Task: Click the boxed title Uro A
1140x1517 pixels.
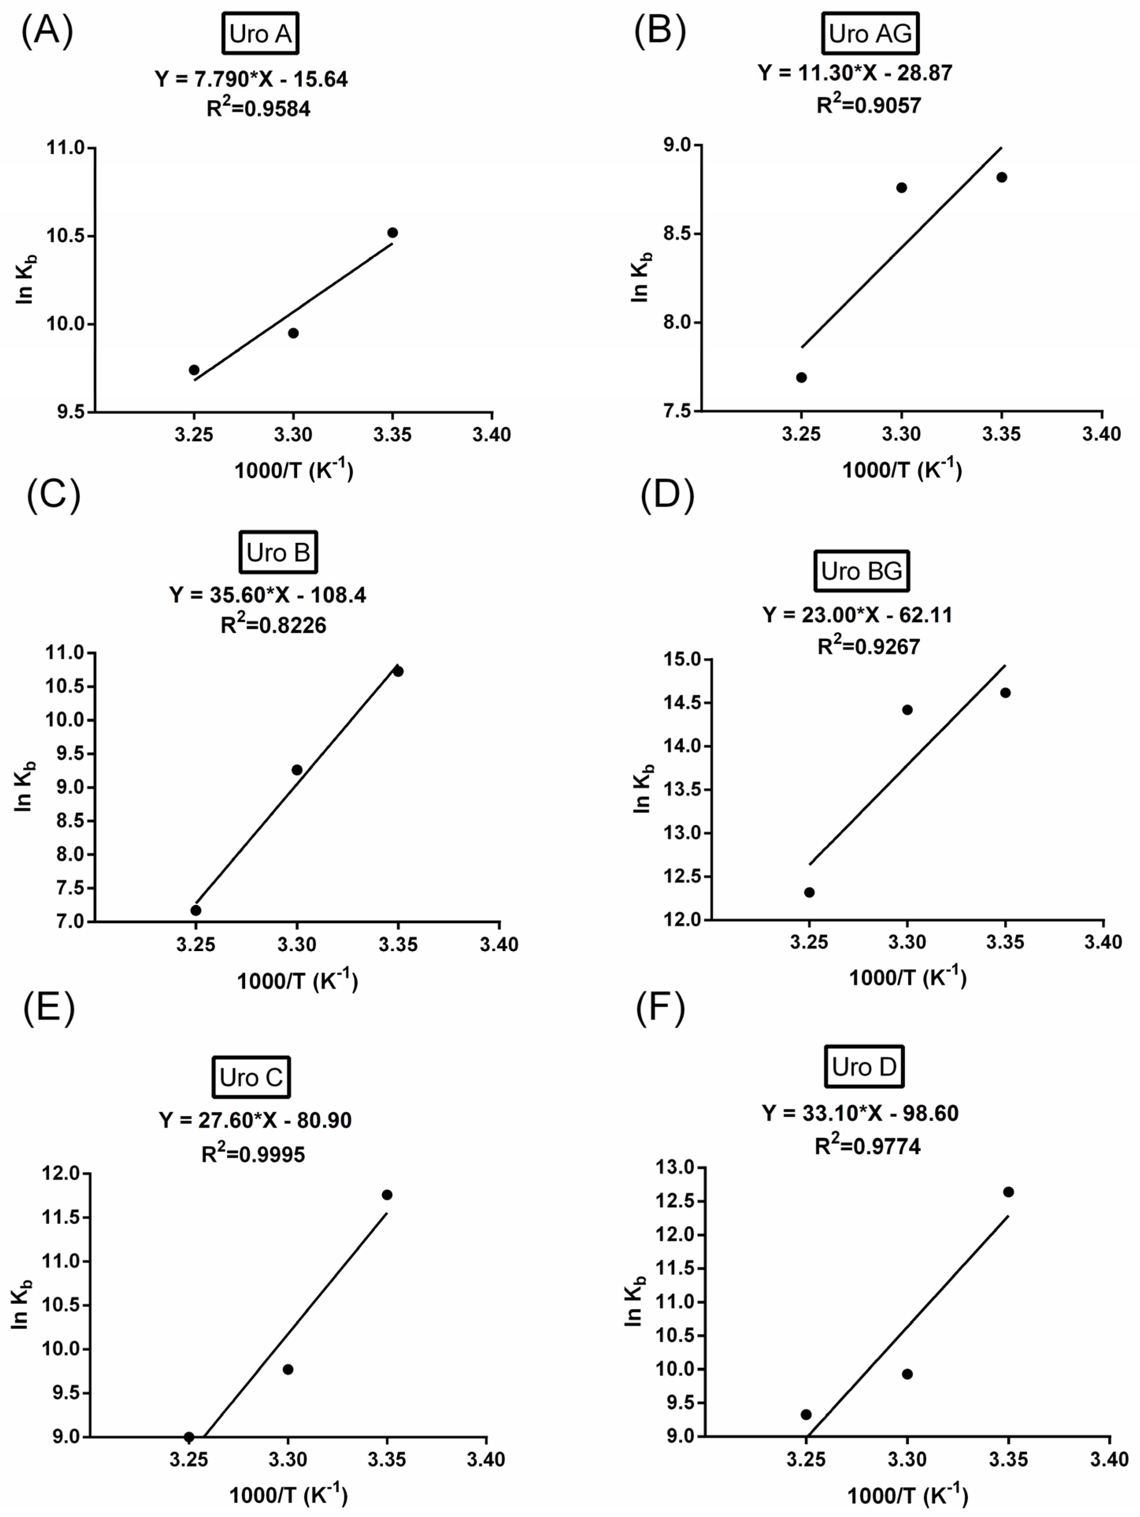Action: click(x=260, y=33)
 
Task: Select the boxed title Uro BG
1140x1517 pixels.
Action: click(x=861, y=571)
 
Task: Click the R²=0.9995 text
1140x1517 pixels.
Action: click(x=253, y=1155)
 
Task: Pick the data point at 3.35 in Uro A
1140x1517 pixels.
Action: click(x=392, y=233)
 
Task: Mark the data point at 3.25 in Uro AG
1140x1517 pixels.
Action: click(x=801, y=377)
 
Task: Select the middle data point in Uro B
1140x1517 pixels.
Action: click(x=297, y=769)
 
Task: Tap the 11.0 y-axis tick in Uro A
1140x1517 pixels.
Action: click(x=66, y=148)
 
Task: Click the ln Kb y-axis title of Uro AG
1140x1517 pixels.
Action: click(x=640, y=278)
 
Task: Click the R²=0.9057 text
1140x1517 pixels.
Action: click(x=868, y=105)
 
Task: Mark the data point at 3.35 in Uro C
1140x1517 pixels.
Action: click(x=387, y=1195)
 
